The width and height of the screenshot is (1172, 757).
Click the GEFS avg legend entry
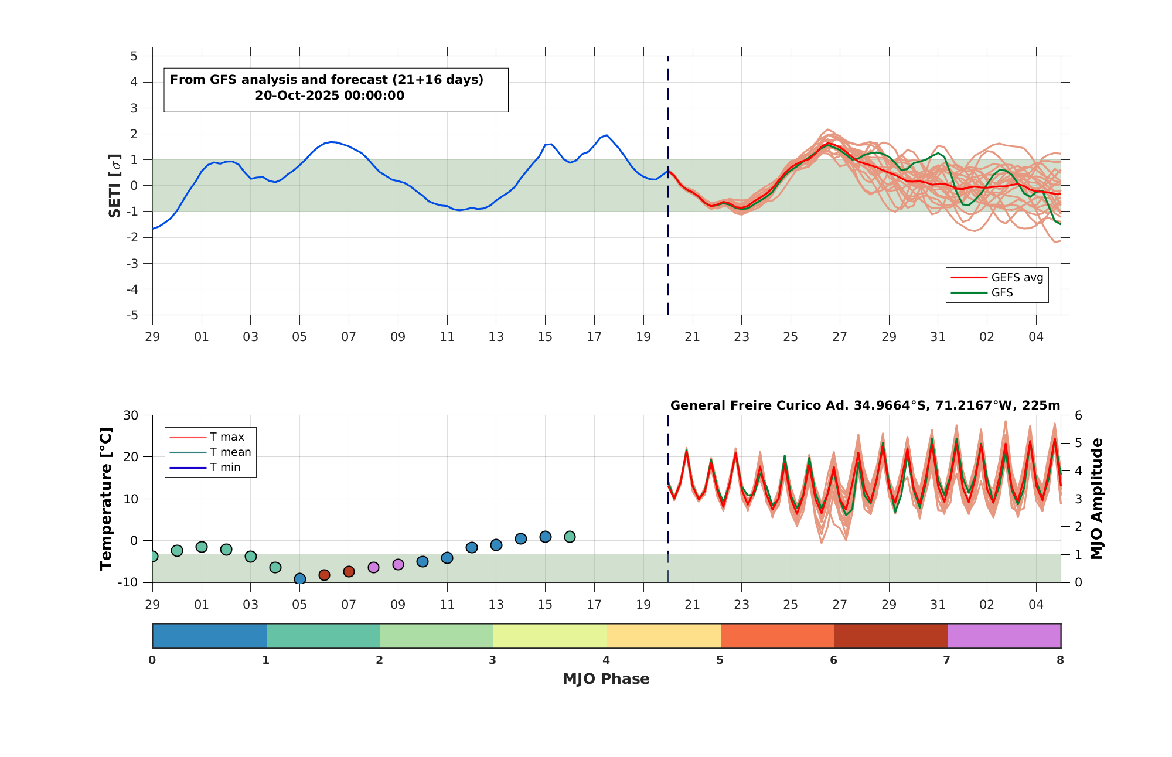tap(997, 277)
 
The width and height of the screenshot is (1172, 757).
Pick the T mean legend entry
tap(210, 452)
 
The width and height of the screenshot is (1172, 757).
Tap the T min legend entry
tap(205, 467)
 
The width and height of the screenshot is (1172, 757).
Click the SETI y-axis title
tap(115, 186)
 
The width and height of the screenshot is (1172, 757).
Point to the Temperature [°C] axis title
tap(105, 499)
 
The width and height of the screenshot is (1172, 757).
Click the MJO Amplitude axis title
tap(1097, 499)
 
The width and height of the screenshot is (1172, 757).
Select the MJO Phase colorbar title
tap(606, 679)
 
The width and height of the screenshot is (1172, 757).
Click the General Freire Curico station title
tap(865, 405)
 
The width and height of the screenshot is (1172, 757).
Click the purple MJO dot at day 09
tap(398, 564)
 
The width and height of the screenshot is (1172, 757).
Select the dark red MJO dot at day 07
tap(349, 571)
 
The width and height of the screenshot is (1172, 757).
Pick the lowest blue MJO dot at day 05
tap(300, 579)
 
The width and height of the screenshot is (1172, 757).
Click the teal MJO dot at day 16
tap(570, 537)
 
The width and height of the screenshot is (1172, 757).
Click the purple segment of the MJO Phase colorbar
tap(1004, 636)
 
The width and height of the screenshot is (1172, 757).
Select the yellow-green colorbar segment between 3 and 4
tap(550, 636)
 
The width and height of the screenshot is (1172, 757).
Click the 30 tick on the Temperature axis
tap(131, 415)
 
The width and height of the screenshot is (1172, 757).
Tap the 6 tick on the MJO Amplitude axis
tap(1078, 415)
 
